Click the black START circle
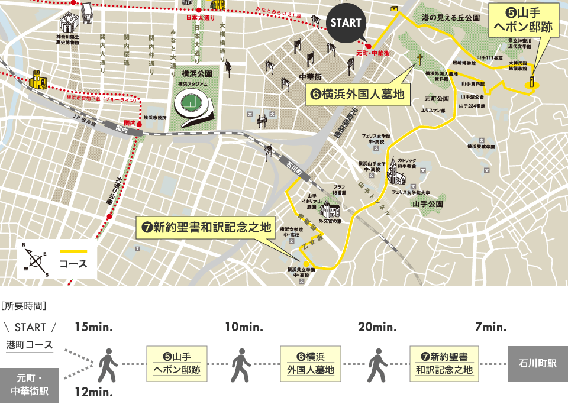click(346, 24)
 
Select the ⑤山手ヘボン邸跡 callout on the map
click(523, 21)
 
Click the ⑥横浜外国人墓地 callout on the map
click(359, 93)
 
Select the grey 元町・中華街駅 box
click(30, 384)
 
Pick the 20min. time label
click(377, 327)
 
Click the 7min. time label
click(490, 327)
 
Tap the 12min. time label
click(93, 391)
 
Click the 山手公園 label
click(428, 203)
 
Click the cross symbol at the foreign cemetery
click(419, 60)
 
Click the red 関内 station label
click(128, 123)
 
